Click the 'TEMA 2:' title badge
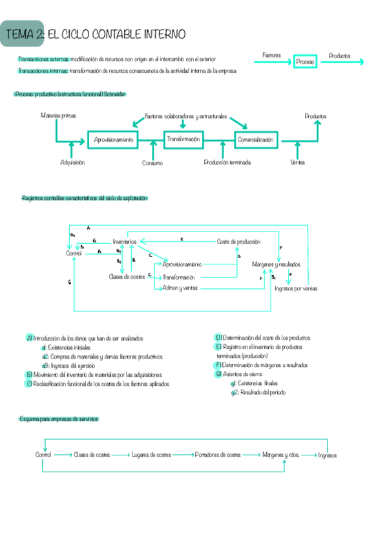click(x=23, y=34)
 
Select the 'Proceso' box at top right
click(x=305, y=62)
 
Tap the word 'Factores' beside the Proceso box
click(x=272, y=56)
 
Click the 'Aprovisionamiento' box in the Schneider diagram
click(x=114, y=139)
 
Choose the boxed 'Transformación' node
click(x=183, y=139)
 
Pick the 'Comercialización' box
click(x=255, y=139)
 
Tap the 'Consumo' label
click(x=152, y=163)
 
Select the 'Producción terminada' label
click(x=227, y=163)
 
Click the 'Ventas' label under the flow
click(x=297, y=163)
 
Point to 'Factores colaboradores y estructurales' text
click(x=185, y=116)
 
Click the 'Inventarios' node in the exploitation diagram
click(x=125, y=241)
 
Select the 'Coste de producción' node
click(x=238, y=241)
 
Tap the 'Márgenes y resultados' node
click(x=276, y=264)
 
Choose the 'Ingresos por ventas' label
click(x=296, y=288)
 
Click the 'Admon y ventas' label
click(x=180, y=288)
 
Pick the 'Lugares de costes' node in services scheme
click(x=151, y=455)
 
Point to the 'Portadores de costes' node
click(x=218, y=455)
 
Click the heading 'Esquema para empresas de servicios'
click(x=58, y=419)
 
